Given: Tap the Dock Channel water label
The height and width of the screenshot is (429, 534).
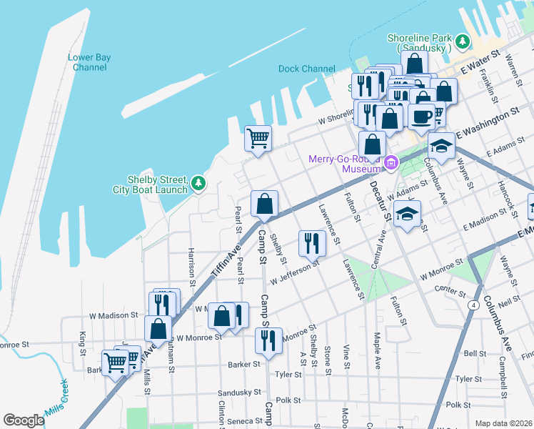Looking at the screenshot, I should click(x=306, y=69).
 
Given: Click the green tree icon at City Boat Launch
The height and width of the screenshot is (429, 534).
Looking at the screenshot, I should click(x=198, y=184).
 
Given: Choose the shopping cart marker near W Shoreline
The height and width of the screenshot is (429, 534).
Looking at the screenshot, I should click(x=258, y=137).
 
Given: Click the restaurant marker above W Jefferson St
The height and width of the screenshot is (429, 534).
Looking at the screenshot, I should click(x=312, y=243).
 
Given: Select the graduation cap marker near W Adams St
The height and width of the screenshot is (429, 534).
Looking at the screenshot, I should click(x=407, y=214).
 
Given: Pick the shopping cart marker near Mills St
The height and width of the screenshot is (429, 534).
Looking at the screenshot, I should click(x=115, y=362).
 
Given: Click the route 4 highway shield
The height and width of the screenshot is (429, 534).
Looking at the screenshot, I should click(x=473, y=305).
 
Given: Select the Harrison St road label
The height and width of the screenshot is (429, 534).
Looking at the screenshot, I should click(x=191, y=262).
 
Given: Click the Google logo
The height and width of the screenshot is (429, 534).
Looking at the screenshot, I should click(x=24, y=420).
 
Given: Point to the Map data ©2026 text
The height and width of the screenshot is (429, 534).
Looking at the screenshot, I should click(x=504, y=423).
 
